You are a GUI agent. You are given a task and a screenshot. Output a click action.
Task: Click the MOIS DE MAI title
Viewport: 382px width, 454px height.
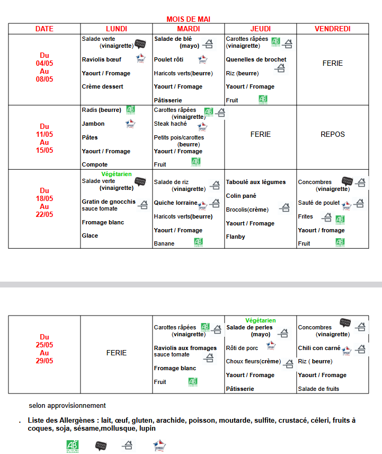pos(188,20)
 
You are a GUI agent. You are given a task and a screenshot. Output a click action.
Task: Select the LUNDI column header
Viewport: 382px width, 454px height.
pos(117,29)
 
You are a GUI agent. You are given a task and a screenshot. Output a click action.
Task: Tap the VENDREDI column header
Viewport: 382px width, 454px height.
pos(332,29)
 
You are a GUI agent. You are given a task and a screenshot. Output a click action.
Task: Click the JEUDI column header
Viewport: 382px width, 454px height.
pos(260,29)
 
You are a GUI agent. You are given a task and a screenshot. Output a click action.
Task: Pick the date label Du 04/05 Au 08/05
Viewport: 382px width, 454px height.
pos(45,67)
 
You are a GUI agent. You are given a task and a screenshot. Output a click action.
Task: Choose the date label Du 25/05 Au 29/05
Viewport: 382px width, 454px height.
pos(45,349)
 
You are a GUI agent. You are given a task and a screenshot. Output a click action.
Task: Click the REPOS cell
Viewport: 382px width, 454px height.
pos(332,134)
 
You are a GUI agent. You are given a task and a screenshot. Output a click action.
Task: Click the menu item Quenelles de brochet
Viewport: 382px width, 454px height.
pos(256,59)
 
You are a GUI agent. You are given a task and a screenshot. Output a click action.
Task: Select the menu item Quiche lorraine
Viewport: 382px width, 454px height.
pos(175,203)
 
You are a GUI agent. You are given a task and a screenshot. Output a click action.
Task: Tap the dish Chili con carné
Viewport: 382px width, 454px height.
pos(319,348)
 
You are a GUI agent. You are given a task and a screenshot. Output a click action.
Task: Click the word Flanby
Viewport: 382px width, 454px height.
pos(235,237)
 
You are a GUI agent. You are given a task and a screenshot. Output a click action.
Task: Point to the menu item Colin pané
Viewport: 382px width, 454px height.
pos(241,196)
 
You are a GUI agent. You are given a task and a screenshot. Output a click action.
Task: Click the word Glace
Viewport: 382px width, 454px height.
pos(90,235)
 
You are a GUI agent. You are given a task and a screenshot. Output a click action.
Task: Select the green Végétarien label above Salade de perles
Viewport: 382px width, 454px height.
pos(260,320)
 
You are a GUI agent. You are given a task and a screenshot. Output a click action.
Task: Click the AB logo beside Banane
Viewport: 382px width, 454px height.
pos(198,242)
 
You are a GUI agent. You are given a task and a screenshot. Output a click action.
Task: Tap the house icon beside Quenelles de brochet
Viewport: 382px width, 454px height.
pos(280,67)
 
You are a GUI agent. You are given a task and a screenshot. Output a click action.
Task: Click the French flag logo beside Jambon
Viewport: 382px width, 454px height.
pos(130,124)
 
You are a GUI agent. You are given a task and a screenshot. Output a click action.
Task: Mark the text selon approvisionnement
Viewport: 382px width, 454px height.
pos(67,406)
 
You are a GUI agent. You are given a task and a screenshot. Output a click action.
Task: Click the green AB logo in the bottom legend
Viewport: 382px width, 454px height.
pos(72,446)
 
